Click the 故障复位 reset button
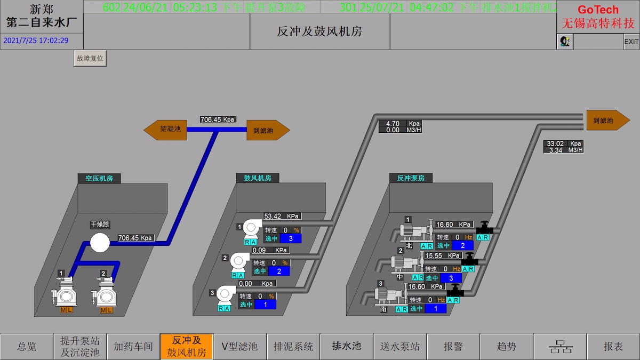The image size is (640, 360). pos(90,59)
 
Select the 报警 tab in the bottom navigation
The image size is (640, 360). pos(453,347)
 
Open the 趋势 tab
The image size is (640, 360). pos(507,347)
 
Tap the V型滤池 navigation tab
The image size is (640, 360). pos(239,347)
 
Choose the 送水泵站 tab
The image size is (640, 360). pos(400,347)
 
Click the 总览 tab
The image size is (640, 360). pos(27,347)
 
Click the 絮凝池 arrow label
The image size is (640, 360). pos(166,130)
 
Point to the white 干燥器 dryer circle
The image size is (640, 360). pos(99,243)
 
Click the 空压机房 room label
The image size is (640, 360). pos(99,178)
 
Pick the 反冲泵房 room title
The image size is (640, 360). pos(411,178)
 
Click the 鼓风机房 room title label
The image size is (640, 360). pos(258,178)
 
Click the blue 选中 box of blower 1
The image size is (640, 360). pos(291,238)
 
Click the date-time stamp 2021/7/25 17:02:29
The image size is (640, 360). pos(36,40)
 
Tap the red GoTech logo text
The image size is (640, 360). pos(598,10)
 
